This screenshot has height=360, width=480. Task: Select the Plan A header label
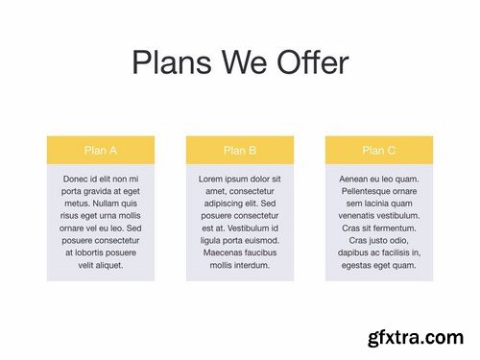pos(101,150)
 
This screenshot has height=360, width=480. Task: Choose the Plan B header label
pos(239,150)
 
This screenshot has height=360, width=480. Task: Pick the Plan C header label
pos(378,150)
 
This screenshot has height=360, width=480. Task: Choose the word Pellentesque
pos(371,191)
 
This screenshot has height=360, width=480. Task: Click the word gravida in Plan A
pos(103,191)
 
